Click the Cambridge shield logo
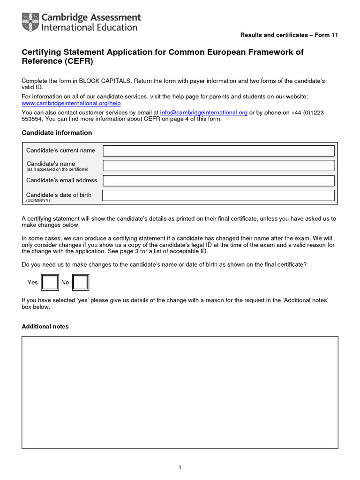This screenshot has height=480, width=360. (x=31, y=22)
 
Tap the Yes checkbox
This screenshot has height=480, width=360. (x=50, y=282)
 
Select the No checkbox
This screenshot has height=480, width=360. (x=80, y=282)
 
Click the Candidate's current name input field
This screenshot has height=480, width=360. (x=218, y=150)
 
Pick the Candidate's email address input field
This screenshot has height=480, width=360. (x=218, y=180)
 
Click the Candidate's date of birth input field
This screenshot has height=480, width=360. (x=218, y=195)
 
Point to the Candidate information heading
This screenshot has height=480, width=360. (x=57, y=133)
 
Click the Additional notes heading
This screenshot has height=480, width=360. (x=45, y=326)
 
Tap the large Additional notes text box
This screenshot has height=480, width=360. (x=180, y=392)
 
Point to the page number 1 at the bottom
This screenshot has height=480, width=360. (x=180, y=467)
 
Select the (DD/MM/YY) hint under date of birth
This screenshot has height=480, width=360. (x=38, y=200)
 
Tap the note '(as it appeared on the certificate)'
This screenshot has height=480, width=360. (x=57, y=169)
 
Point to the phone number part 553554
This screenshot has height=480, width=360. (x=32, y=119)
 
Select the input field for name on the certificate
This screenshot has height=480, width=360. (x=218, y=165)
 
